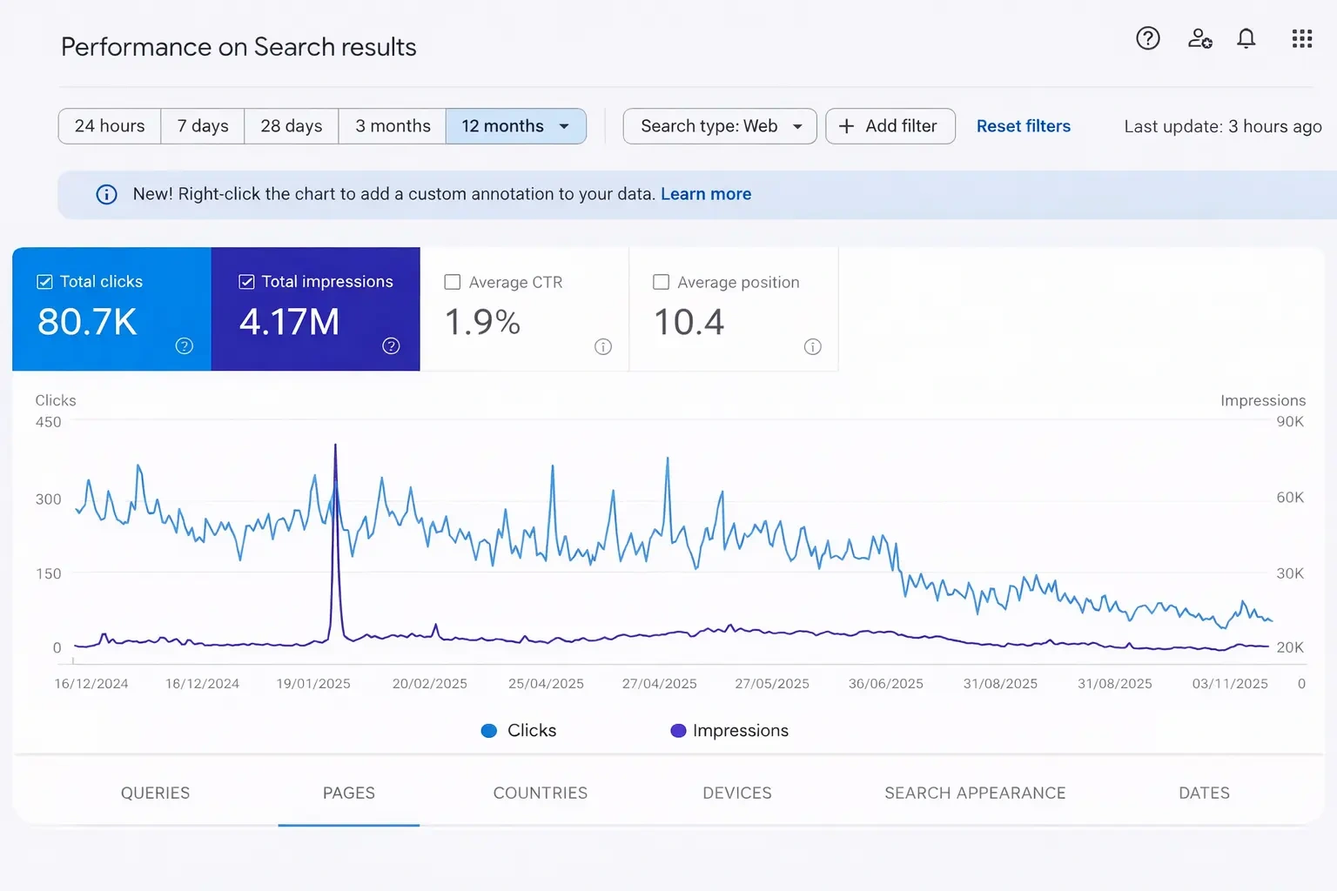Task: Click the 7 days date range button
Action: click(x=203, y=126)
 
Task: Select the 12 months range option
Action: click(x=502, y=126)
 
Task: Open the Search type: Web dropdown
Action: click(x=720, y=126)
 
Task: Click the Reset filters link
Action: click(x=1023, y=126)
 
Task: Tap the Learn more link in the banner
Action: click(x=705, y=194)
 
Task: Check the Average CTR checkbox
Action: click(x=453, y=282)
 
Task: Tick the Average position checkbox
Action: click(x=662, y=282)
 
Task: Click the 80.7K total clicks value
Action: click(x=87, y=322)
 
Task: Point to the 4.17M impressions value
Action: click(x=289, y=322)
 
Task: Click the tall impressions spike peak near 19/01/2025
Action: click(x=335, y=446)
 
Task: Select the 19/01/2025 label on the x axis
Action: click(x=313, y=684)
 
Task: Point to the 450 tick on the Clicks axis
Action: click(x=48, y=422)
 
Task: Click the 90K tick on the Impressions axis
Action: click(x=1289, y=422)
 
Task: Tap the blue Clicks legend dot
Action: click(x=489, y=731)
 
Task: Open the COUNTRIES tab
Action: click(x=540, y=793)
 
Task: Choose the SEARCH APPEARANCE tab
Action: click(x=975, y=793)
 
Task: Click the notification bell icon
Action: click(x=1246, y=38)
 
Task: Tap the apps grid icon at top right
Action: click(x=1301, y=38)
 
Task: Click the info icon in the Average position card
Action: click(x=812, y=347)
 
